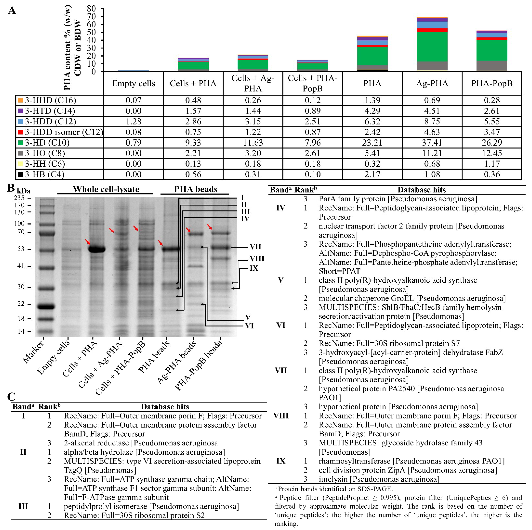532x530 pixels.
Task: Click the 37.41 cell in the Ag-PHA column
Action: [432, 143]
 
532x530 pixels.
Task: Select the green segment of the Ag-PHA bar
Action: [432, 47]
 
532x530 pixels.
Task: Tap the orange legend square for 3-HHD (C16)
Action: [20, 100]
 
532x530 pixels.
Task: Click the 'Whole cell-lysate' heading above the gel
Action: [106, 189]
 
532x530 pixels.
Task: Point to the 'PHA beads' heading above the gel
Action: [196, 189]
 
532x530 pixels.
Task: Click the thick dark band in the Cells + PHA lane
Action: [97, 249]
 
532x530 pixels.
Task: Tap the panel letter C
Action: [11, 396]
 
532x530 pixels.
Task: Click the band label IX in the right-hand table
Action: [281, 461]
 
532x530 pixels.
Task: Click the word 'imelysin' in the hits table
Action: [333, 479]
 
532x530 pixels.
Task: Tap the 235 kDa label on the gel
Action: [19, 198]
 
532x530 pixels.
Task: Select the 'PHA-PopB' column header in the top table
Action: [491, 83]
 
